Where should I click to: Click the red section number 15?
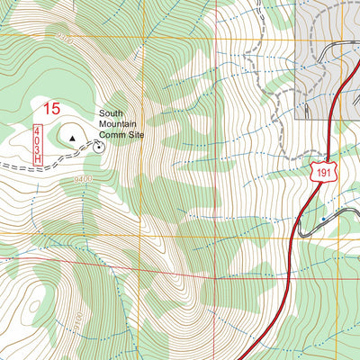pos(51,109)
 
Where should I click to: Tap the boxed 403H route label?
pos(39,145)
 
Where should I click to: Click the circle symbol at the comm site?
pos(97,146)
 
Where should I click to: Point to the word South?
pos(112,113)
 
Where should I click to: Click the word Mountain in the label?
pos(119,124)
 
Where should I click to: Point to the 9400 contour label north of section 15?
pos(64,39)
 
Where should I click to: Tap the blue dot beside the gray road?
pos(322,219)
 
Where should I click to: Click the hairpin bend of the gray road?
pos(301,231)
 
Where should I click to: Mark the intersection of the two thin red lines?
pos(216,281)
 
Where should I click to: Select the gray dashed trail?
pos(261,90)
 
